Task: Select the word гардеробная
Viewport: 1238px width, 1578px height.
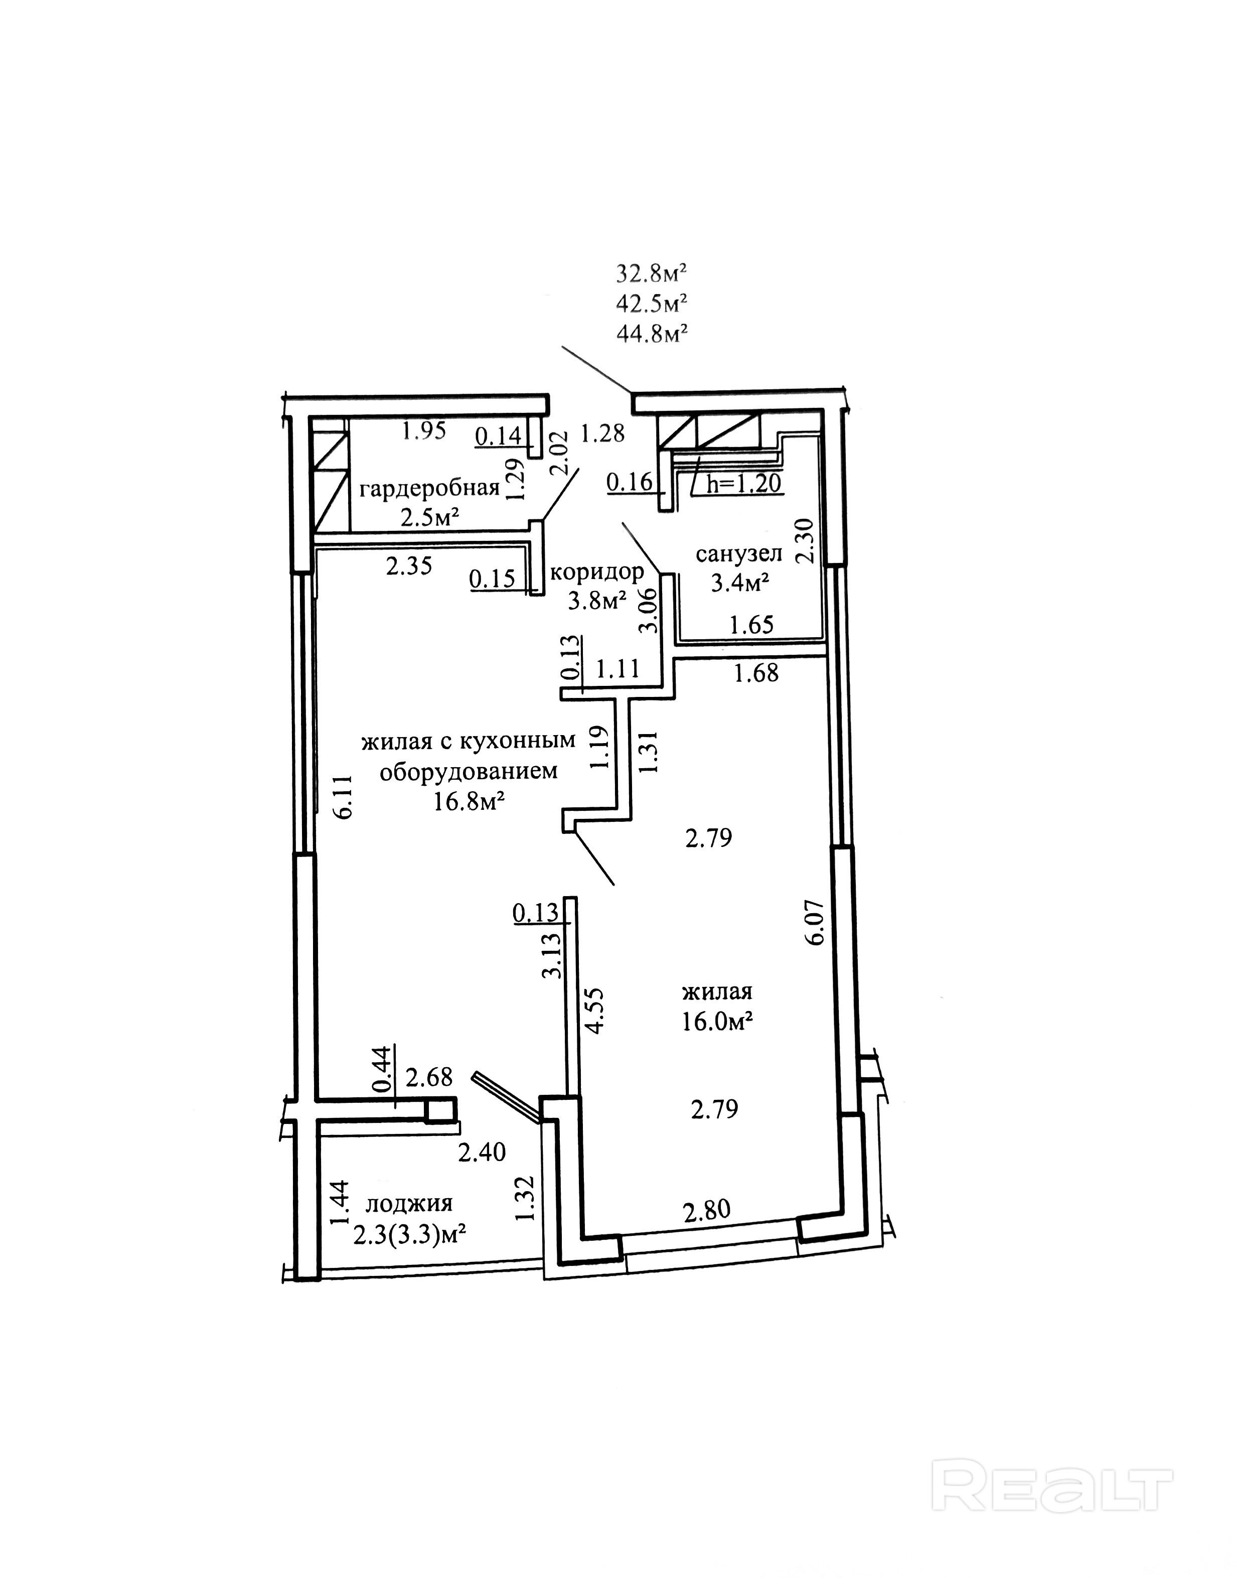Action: pyautogui.click(x=430, y=488)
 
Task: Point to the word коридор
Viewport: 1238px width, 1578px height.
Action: pyautogui.click(x=596, y=572)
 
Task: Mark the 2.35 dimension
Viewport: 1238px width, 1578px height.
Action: pyautogui.click(x=409, y=565)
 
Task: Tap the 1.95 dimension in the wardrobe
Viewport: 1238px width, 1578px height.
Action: pyautogui.click(x=425, y=432)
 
